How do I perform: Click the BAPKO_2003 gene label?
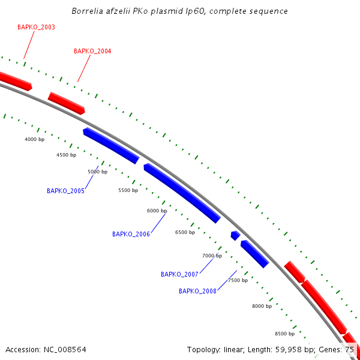pyautogui.click(x=36, y=28)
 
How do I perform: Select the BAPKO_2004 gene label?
pyautogui.click(x=92, y=52)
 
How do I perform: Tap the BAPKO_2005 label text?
pyautogui.click(x=65, y=191)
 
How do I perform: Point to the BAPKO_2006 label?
pyautogui.click(x=131, y=234)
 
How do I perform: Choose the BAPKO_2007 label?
pyautogui.click(x=179, y=274)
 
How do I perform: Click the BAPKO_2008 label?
pyautogui.click(x=197, y=291)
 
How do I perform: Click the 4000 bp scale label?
pyautogui.click(x=34, y=139)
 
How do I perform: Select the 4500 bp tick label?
pyautogui.click(x=66, y=155)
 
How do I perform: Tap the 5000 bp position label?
pyautogui.click(x=97, y=172)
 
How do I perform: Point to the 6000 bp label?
pyautogui.click(x=157, y=211)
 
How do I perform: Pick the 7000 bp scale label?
pyautogui.click(x=212, y=256)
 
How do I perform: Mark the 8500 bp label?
pyautogui.click(x=284, y=334)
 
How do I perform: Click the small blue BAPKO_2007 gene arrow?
pyautogui.click(x=236, y=235)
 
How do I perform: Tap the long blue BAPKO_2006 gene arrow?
pyautogui.click(x=182, y=193)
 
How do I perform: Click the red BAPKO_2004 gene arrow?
pyautogui.click(x=67, y=103)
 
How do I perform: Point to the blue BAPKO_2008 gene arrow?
pyautogui.click(x=254, y=254)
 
